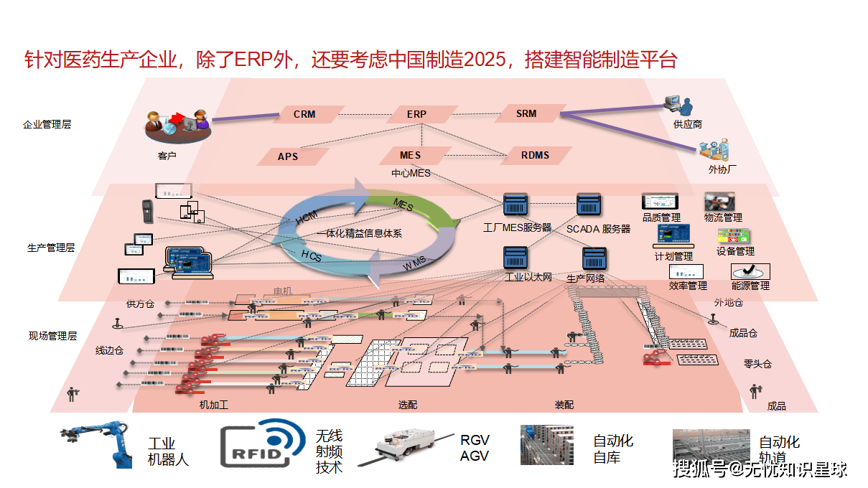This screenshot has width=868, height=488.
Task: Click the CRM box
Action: tap(304, 114)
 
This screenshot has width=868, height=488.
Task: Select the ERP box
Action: tap(416, 114)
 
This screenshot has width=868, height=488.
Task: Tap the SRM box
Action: tap(526, 113)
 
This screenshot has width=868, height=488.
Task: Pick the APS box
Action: tap(288, 156)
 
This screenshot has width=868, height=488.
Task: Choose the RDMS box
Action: tap(535, 155)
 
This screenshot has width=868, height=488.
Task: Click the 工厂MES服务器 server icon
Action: tap(515, 205)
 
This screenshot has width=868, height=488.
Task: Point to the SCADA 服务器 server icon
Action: tap(589, 205)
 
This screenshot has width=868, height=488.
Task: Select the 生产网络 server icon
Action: tap(595, 259)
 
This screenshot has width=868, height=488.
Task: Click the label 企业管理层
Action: tap(47, 124)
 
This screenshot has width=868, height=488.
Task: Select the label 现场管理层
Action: tap(52, 335)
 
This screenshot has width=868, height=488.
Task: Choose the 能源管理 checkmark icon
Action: tap(750, 271)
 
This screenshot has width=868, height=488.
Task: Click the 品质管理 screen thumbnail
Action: tap(660, 202)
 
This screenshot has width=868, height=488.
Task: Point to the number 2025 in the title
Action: tap(485, 60)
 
